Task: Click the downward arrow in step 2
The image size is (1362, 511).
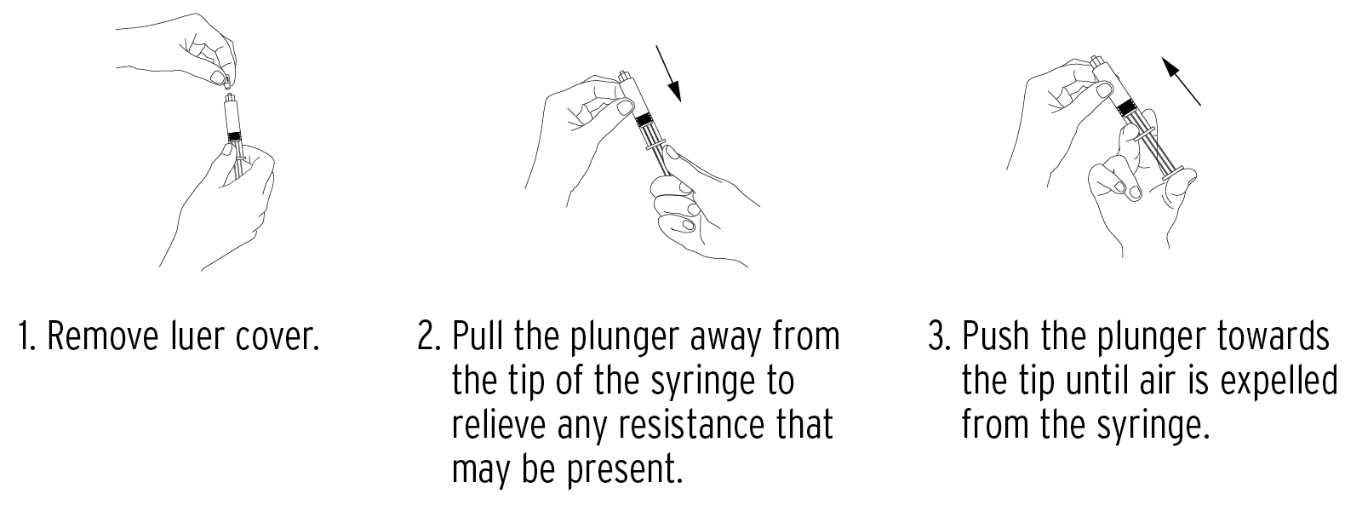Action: click(x=671, y=74)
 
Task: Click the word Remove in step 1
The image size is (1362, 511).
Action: click(x=103, y=337)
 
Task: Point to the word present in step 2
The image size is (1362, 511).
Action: click(x=621, y=468)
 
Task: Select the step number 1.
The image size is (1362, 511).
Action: click(x=26, y=337)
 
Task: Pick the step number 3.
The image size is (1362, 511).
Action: click(x=939, y=337)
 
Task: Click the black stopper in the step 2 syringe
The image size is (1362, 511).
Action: click(x=645, y=118)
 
